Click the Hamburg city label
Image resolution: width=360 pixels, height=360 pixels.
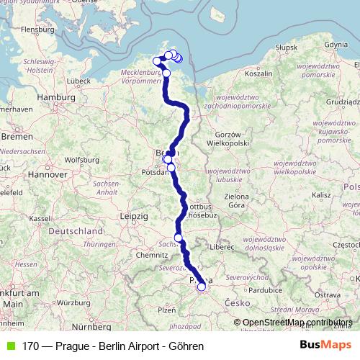pos(51,96)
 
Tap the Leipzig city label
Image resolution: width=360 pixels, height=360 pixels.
pos(133,215)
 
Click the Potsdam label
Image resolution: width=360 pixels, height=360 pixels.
pos(155,173)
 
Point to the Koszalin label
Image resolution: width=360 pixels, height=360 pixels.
pos(258,73)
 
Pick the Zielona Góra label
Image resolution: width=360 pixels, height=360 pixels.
pos(246,200)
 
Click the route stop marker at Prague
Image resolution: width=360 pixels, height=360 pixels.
pos(202,287)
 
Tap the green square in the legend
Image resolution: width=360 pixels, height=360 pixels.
pos(9,346)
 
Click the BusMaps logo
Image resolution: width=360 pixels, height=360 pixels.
pos(325,346)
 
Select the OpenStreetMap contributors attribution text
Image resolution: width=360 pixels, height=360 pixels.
pos(297,323)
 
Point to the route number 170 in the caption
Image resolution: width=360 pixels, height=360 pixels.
pos(30,346)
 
